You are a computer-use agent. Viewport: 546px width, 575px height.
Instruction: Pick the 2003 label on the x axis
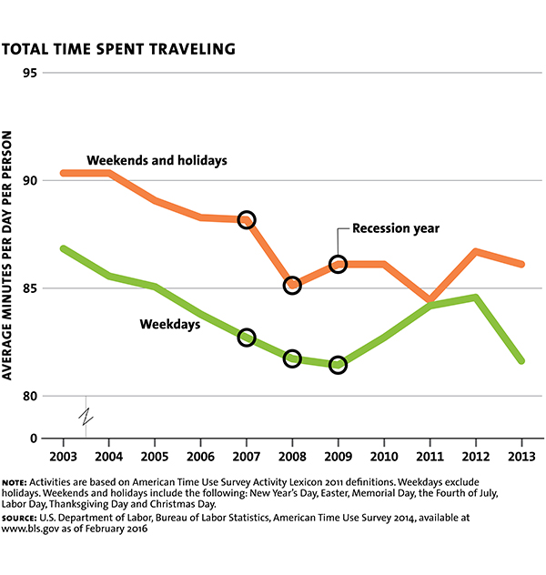point(63,456)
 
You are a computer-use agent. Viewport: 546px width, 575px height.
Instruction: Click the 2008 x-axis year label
point(291,456)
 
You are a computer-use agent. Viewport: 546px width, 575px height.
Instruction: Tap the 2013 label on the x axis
point(520,456)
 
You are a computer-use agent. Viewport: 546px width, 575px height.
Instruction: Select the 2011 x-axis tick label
point(429,456)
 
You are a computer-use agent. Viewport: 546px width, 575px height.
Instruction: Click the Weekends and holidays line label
point(157,161)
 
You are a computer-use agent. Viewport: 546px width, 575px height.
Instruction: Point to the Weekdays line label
point(169,323)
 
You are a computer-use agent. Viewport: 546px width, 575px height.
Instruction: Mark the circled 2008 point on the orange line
point(292,285)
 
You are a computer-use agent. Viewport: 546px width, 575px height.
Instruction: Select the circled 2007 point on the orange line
point(246,219)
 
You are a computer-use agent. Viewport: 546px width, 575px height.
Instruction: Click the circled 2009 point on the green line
point(338,365)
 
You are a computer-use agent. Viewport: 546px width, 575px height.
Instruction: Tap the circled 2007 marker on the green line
point(246,338)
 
